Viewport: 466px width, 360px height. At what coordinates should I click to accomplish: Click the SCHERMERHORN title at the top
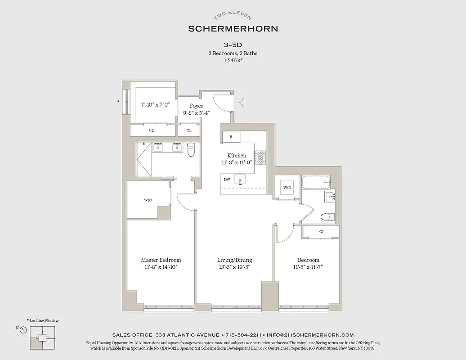click(233, 29)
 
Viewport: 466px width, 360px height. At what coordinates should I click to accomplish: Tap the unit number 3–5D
click(233, 45)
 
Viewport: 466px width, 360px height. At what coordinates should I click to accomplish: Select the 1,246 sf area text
click(233, 60)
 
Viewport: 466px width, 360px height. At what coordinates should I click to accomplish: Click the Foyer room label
click(196, 106)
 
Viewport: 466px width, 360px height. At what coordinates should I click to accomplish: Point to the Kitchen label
click(237, 155)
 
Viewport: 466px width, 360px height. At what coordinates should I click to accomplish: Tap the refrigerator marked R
click(231, 136)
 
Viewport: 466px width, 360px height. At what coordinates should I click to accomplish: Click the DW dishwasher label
click(227, 179)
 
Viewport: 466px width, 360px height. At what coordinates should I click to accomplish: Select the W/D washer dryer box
click(287, 188)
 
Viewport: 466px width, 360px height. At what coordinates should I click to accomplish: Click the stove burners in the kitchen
click(260, 157)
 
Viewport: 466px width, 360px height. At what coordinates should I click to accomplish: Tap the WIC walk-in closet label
click(148, 199)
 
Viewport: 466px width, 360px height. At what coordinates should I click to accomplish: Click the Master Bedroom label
click(161, 260)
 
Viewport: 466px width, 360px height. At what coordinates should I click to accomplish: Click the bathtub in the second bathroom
click(316, 183)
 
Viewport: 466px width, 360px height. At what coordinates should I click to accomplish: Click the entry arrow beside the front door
click(242, 103)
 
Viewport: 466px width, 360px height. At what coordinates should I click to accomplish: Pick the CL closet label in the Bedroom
click(322, 232)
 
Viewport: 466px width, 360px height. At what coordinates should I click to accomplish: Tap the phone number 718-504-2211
click(243, 335)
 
